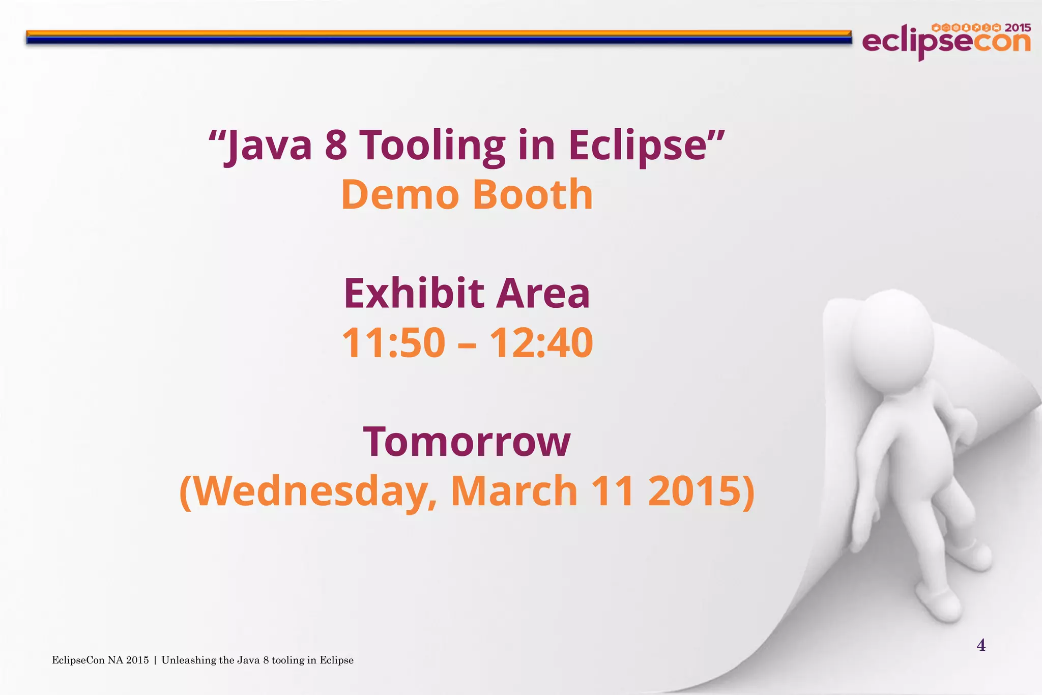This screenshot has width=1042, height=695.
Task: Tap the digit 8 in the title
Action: click(x=336, y=146)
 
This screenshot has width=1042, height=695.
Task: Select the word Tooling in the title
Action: click(x=432, y=146)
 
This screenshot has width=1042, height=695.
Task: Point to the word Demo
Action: click(x=400, y=194)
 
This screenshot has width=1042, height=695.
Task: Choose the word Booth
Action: click(x=533, y=194)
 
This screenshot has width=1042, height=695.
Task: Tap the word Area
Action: click(x=543, y=294)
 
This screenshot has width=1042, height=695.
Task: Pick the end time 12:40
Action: click(x=541, y=343)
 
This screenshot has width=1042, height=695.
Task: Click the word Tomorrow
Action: click(x=467, y=442)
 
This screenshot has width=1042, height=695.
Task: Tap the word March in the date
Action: click(x=514, y=491)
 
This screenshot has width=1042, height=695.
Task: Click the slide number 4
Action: click(x=981, y=646)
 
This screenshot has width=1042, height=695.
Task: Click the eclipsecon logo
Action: click(x=946, y=41)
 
